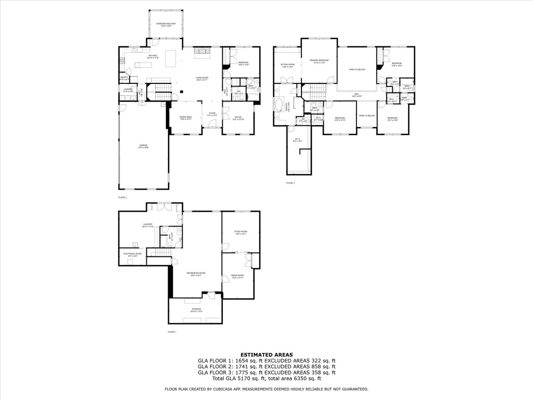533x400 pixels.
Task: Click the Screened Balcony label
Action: coord(166,24)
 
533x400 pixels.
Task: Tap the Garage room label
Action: coord(143,146)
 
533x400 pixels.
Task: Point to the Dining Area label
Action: coord(186,118)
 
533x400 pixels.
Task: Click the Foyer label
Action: coord(212,114)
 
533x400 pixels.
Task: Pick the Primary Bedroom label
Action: coord(319,61)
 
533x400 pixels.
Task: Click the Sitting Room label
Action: coord(288,66)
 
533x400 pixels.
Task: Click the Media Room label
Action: coord(237,276)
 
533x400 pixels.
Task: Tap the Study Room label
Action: coord(240,233)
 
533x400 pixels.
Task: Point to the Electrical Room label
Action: coord(132,255)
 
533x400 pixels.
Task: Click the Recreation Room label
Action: coord(196,274)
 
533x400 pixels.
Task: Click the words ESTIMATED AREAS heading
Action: coord(266,354)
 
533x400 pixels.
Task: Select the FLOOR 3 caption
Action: coord(290,183)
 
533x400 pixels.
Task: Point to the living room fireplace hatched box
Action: coord(203,51)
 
